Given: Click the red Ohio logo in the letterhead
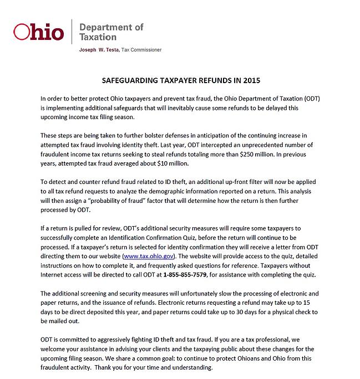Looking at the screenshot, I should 38,32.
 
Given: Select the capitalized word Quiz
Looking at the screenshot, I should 184,238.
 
